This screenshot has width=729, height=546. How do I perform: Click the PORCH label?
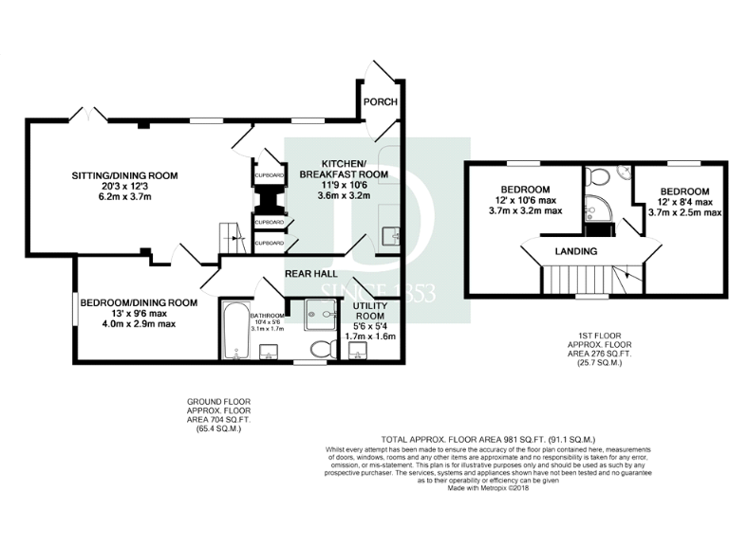click(x=381, y=102)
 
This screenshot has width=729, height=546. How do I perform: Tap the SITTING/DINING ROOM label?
click(x=125, y=176)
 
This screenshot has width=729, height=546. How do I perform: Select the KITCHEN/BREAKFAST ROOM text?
click(x=344, y=168)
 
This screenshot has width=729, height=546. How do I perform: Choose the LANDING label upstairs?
click(x=576, y=251)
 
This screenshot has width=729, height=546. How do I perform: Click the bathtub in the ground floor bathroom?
click(x=234, y=331)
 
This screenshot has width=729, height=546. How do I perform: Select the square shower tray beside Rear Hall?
click(x=323, y=314)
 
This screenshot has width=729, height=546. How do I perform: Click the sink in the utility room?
click(x=357, y=352)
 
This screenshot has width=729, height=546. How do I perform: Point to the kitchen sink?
click(x=389, y=236)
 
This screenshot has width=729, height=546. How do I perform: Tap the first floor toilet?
click(x=597, y=176)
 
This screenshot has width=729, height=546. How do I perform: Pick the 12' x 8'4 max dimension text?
click(x=684, y=201)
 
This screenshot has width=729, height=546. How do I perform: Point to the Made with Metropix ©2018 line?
click(x=488, y=488)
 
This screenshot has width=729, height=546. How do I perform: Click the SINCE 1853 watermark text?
click(x=378, y=292)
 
